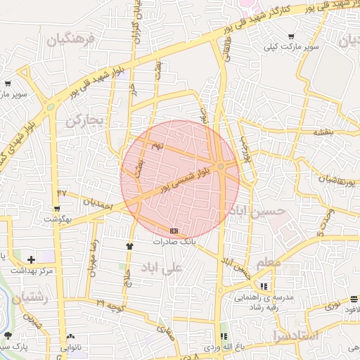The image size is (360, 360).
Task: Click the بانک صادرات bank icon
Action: tap(174, 231)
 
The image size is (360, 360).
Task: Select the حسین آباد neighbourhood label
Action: tap(262, 210)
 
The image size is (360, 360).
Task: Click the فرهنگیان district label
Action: tap(70, 39)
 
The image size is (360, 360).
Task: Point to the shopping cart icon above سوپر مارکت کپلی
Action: tap(291, 37)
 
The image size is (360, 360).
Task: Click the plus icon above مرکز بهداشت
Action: tap(32, 259)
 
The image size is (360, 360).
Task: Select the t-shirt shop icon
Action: tap(129, 246)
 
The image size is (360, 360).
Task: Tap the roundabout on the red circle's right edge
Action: tap(221, 166)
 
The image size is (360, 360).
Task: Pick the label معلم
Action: tap(269, 262)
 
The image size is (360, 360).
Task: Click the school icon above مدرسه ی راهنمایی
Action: tap(264, 286)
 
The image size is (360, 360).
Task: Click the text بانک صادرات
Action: tap(174, 241)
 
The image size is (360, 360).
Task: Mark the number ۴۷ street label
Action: tap(62, 191)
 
